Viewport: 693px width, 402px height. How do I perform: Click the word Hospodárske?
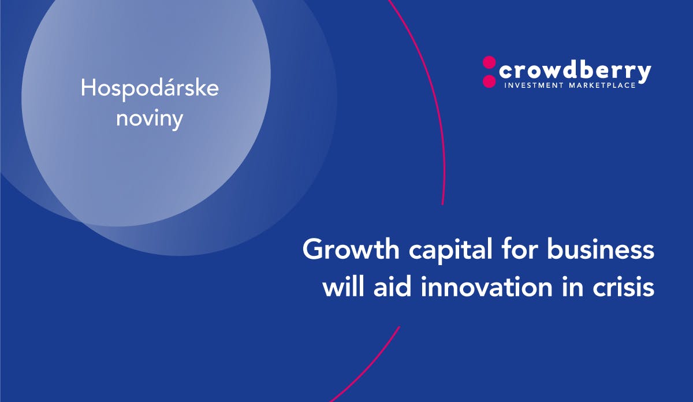(150, 89)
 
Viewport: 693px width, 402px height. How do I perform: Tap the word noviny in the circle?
(150, 119)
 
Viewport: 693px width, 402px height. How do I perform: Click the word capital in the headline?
(450, 251)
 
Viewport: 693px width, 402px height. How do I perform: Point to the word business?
(601, 249)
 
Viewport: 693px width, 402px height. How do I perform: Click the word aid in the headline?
(393, 287)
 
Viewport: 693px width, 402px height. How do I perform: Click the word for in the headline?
(519, 249)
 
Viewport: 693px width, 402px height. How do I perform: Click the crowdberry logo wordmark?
(575, 72)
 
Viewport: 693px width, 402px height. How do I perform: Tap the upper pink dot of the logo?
(489, 62)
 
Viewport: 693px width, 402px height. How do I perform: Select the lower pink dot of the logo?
(489, 81)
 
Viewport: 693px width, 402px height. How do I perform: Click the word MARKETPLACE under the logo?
(602, 85)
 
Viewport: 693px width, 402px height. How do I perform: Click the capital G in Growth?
(312, 249)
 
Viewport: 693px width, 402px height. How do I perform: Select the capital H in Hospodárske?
(87, 88)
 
